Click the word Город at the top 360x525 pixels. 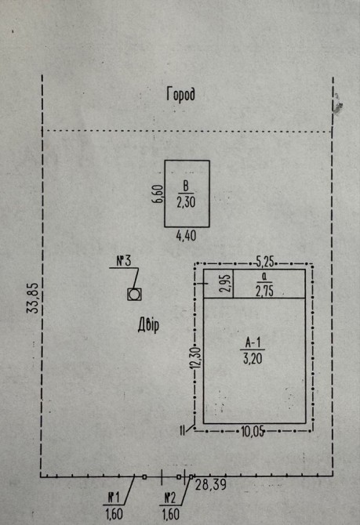coord(180,95)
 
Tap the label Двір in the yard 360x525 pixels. coord(148,325)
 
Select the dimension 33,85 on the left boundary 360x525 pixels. coord(33,299)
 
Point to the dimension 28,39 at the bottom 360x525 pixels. coord(211,485)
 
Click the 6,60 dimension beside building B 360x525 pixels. coord(158,194)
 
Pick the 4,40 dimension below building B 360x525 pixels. coord(187,236)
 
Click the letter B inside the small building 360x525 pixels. coord(186,186)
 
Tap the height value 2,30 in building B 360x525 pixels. coord(186,202)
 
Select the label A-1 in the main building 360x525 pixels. coord(253,342)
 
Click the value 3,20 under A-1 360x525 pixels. coord(253,359)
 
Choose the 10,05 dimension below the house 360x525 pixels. coord(253,432)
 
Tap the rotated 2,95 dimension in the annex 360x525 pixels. coord(226,283)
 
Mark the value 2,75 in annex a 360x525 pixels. coord(264,291)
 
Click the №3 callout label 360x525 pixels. coord(124,261)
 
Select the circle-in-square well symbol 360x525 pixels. coord(134,295)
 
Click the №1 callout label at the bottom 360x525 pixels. coord(113,498)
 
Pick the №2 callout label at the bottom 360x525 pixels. coord(170,498)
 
